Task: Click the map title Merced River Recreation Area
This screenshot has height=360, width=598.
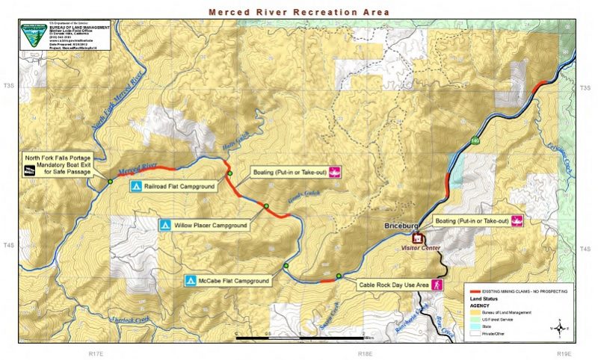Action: [x=298, y=12]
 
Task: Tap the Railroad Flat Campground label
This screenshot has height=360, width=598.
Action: [x=179, y=186]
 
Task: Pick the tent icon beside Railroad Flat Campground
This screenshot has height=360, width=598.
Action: [x=135, y=186]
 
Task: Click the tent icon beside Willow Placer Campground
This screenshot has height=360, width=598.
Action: [x=165, y=224]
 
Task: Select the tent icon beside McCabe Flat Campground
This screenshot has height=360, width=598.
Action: [x=191, y=281]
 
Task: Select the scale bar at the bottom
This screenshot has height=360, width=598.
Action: [x=299, y=338]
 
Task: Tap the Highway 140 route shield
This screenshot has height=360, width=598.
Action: [x=475, y=139]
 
